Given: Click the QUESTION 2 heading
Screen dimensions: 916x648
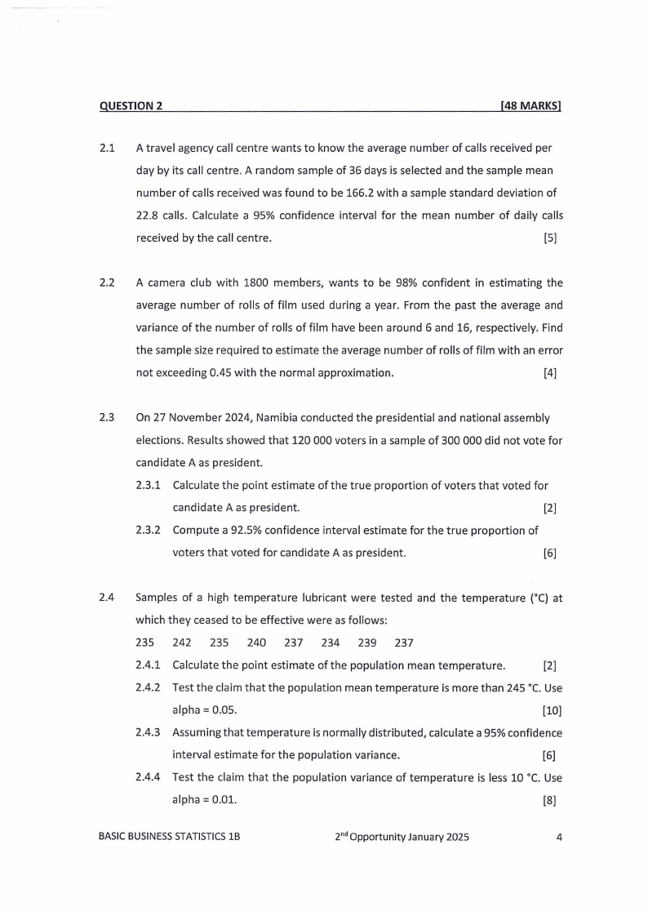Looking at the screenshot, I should [x=131, y=105].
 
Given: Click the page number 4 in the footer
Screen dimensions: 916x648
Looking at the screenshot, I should [x=559, y=838].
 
